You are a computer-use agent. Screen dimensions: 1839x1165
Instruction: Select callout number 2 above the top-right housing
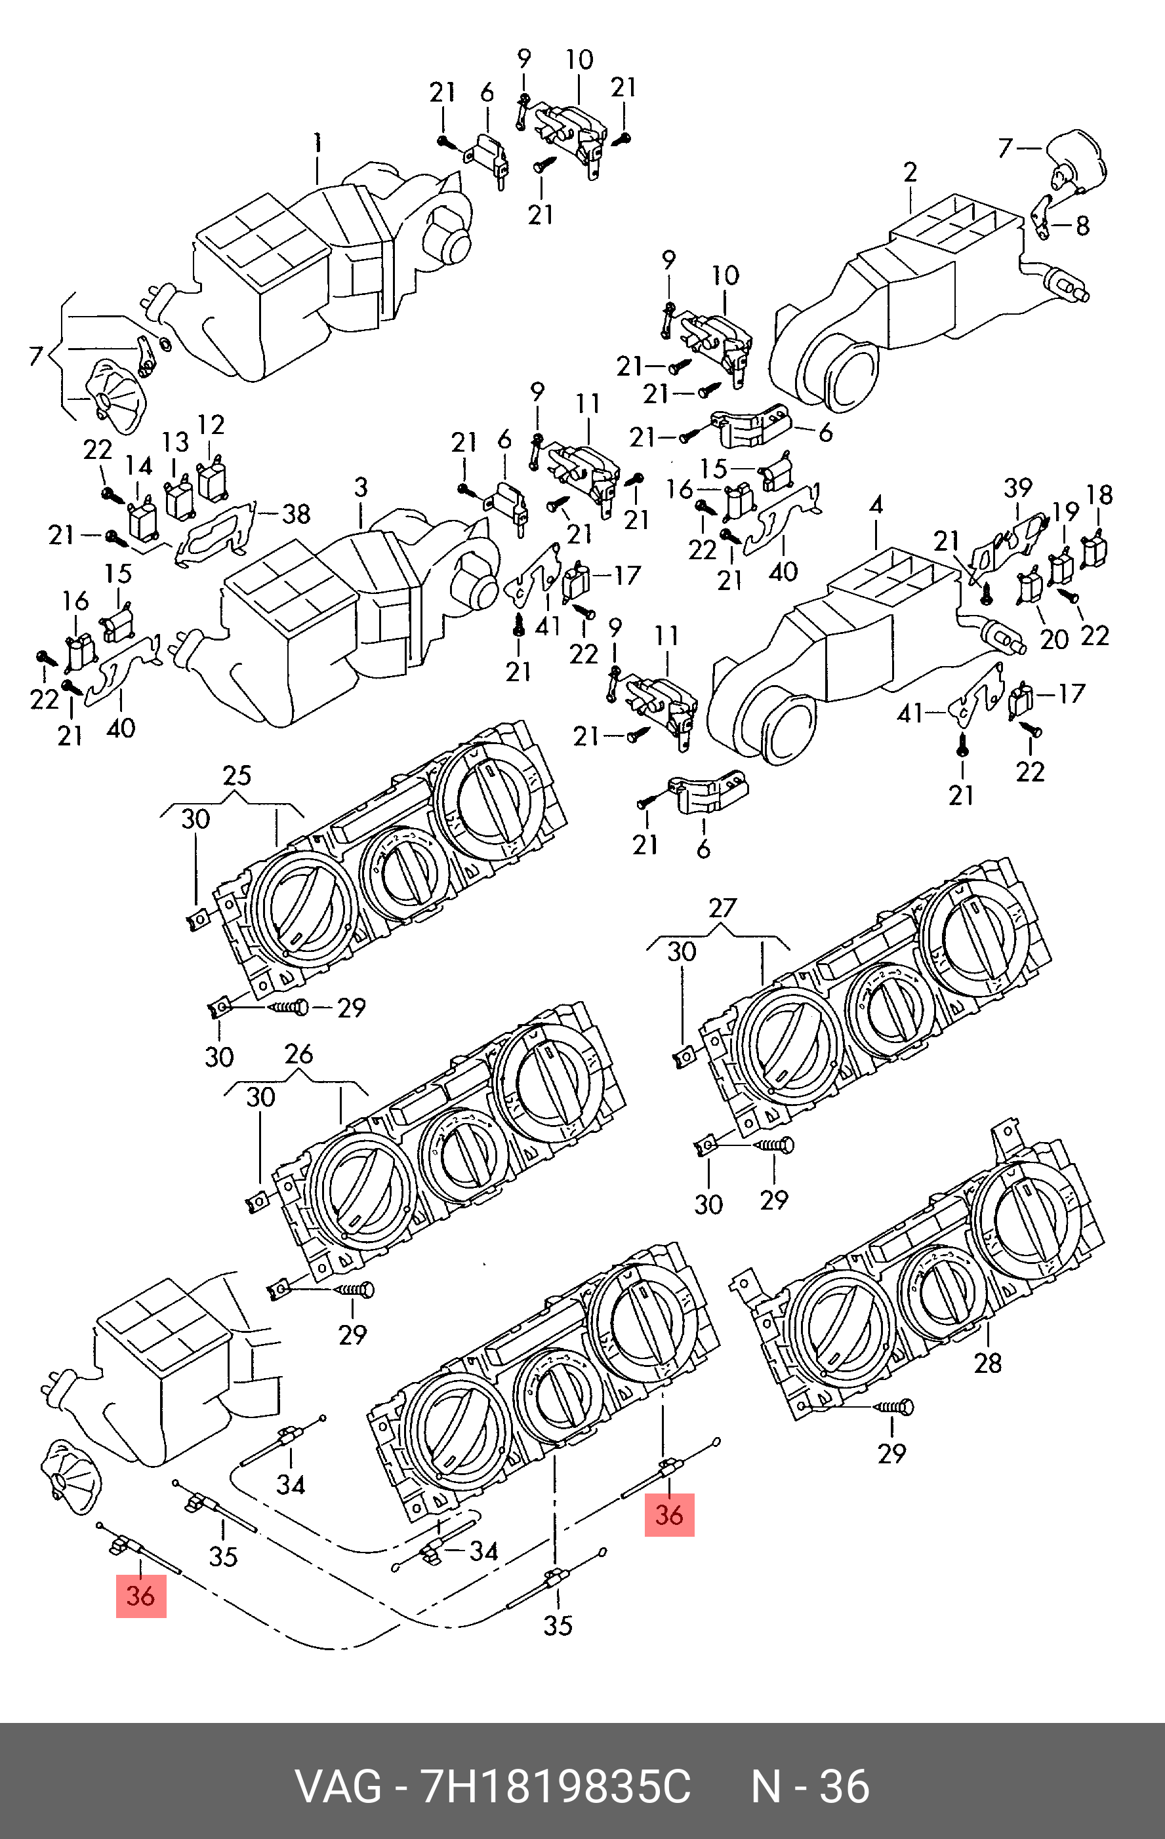click(x=910, y=172)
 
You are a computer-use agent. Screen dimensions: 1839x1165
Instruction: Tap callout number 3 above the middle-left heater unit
click(x=361, y=487)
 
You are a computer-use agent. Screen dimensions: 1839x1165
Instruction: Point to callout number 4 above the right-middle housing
click(x=876, y=505)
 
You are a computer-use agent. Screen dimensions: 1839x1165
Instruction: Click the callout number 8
click(x=1082, y=226)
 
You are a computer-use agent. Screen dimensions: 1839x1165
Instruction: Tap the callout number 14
click(x=138, y=466)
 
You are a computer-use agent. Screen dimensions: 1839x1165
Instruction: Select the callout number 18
click(x=1099, y=495)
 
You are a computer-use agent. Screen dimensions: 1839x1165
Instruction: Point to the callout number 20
click(x=1054, y=639)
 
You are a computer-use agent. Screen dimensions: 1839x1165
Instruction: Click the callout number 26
click(x=298, y=1054)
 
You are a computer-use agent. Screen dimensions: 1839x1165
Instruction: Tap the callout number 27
click(x=723, y=908)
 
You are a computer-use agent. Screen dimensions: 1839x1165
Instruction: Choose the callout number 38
click(x=296, y=514)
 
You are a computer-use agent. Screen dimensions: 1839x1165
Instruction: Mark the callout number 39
click(x=1017, y=487)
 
